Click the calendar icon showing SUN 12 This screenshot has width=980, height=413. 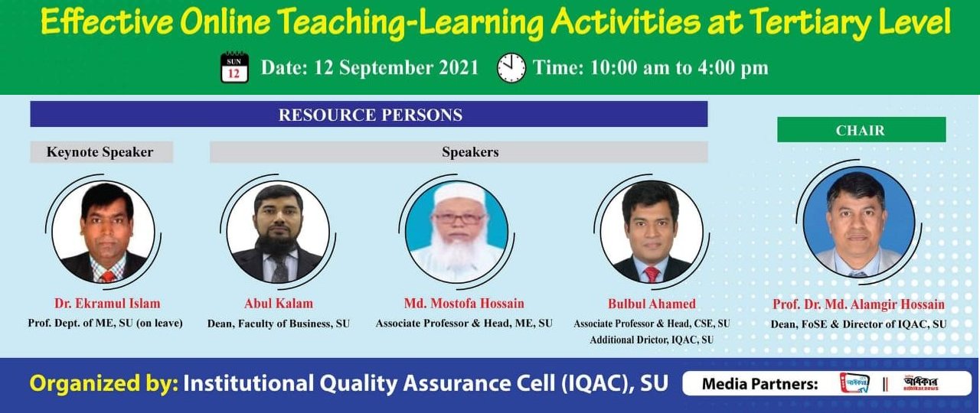click(234, 67)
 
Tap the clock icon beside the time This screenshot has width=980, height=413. click(511, 68)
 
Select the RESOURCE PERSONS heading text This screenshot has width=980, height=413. click(371, 115)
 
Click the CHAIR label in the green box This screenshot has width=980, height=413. click(860, 130)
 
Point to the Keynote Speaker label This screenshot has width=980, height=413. click(100, 152)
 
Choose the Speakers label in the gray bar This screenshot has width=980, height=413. click(470, 152)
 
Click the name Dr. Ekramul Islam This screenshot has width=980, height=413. click(107, 304)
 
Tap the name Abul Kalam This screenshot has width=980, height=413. click(279, 304)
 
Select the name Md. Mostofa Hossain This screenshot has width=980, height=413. click(464, 304)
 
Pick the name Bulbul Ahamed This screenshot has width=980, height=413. click(652, 304)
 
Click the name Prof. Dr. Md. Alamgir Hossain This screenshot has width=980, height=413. click(858, 304)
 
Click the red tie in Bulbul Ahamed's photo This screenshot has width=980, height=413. click(652, 274)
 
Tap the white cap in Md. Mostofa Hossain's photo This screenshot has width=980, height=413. click(456, 193)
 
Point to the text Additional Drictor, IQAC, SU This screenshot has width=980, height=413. click(652, 340)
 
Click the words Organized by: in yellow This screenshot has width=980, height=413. click(104, 384)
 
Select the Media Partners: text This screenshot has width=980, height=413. click(760, 384)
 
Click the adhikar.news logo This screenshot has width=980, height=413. click(920, 384)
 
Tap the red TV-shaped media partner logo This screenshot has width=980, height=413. click(854, 383)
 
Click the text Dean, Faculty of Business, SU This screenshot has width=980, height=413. click(279, 324)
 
